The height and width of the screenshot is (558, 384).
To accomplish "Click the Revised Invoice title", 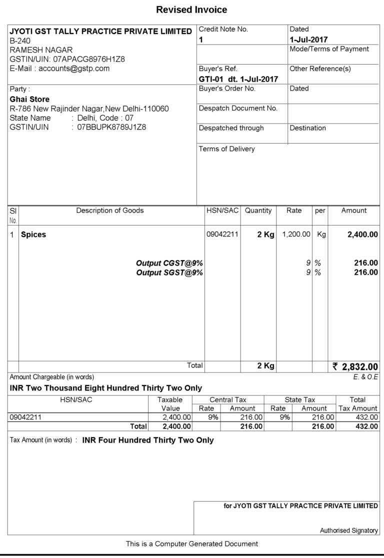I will (x=191, y=9).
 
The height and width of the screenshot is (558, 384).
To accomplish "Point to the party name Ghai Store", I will (x=29, y=99).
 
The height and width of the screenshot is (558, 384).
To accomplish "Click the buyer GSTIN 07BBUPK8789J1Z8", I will (x=111, y=127).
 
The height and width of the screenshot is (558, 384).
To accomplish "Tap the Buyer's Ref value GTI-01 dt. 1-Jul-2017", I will (x=238, y=79).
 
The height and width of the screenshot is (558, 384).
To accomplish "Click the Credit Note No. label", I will (x=223, y=29).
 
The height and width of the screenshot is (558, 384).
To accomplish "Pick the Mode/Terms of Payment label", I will (x=329, y=49).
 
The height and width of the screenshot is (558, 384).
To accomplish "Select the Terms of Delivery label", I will (x=226, y=148).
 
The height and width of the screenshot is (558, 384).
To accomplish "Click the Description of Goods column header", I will (x=109, y=210).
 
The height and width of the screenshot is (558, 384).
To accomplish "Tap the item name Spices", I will (x=33, y=234).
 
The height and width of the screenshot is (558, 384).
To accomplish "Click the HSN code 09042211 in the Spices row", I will (x=222, y=234).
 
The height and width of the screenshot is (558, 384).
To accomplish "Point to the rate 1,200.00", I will (x=296, y=234).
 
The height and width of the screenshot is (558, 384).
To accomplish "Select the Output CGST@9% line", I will (x=169, y=263).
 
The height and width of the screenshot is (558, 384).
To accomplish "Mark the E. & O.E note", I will (x=365, y=376).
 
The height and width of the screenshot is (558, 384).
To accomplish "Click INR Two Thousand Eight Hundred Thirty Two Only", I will (x=106, y=388).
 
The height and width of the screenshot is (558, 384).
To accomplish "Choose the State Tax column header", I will (x=299, y=399).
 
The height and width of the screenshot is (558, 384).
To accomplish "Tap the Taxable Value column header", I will (x=170, y=404).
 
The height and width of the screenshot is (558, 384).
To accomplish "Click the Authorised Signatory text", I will (x=349, y=530).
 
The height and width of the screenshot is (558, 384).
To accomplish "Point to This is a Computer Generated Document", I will (x=192, y=543).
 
